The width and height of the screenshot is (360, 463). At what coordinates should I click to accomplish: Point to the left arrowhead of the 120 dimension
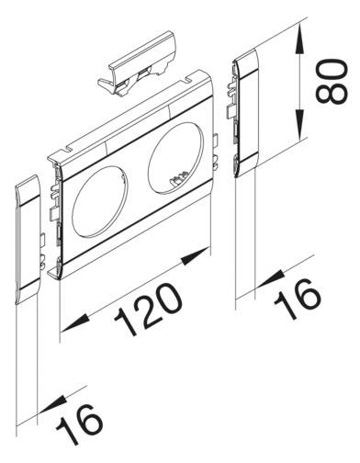pyautogui.click(x=67, y=328)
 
